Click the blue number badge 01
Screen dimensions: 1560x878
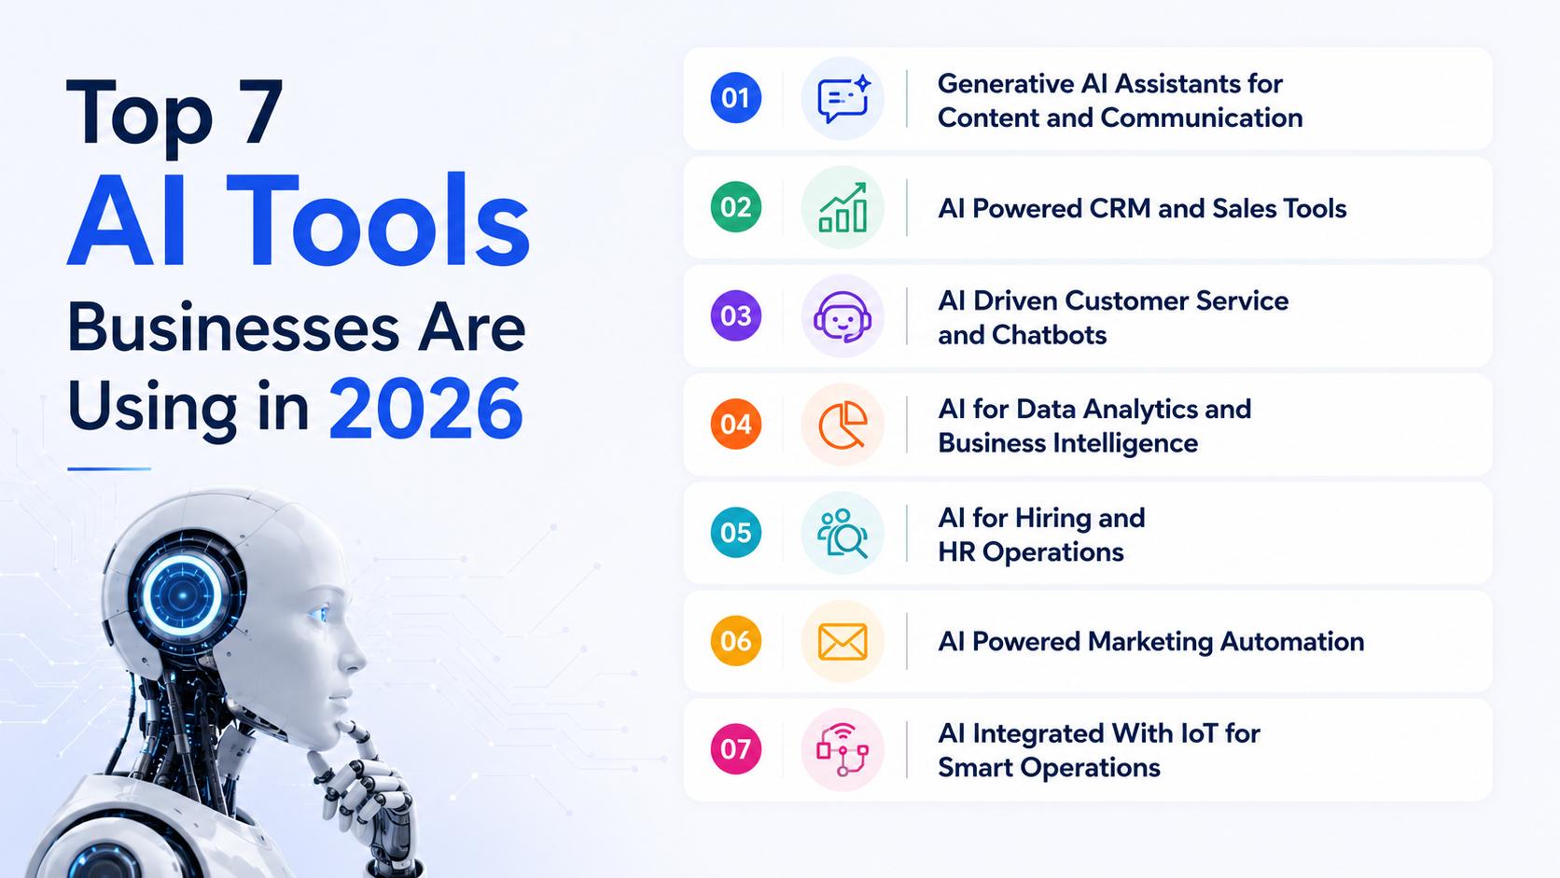tap(735, 98)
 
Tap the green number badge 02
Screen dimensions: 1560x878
tap(735, 207)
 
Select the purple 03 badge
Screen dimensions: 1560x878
tap(735, 315)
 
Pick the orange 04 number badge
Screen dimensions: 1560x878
tap(735, 424)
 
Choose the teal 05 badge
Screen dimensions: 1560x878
tap(735, 533)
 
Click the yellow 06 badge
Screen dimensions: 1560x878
tap(735, 641)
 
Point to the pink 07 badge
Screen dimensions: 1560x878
tap(735, 749)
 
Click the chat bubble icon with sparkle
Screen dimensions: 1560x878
tap(843, 98)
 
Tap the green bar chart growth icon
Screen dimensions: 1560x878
tap(843, 207)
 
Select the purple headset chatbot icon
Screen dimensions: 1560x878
tap(843, 317)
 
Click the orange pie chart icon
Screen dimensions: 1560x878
tap(843, 425)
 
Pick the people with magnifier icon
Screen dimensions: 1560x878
tap(843, 534)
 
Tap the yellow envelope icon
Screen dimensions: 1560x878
tap(843, 641)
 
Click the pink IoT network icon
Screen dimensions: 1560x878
tap(843, 750)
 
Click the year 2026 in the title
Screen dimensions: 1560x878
tap(425, 409)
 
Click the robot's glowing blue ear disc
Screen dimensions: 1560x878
tap(183, 595)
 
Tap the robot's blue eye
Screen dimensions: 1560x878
tap(320, 613)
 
